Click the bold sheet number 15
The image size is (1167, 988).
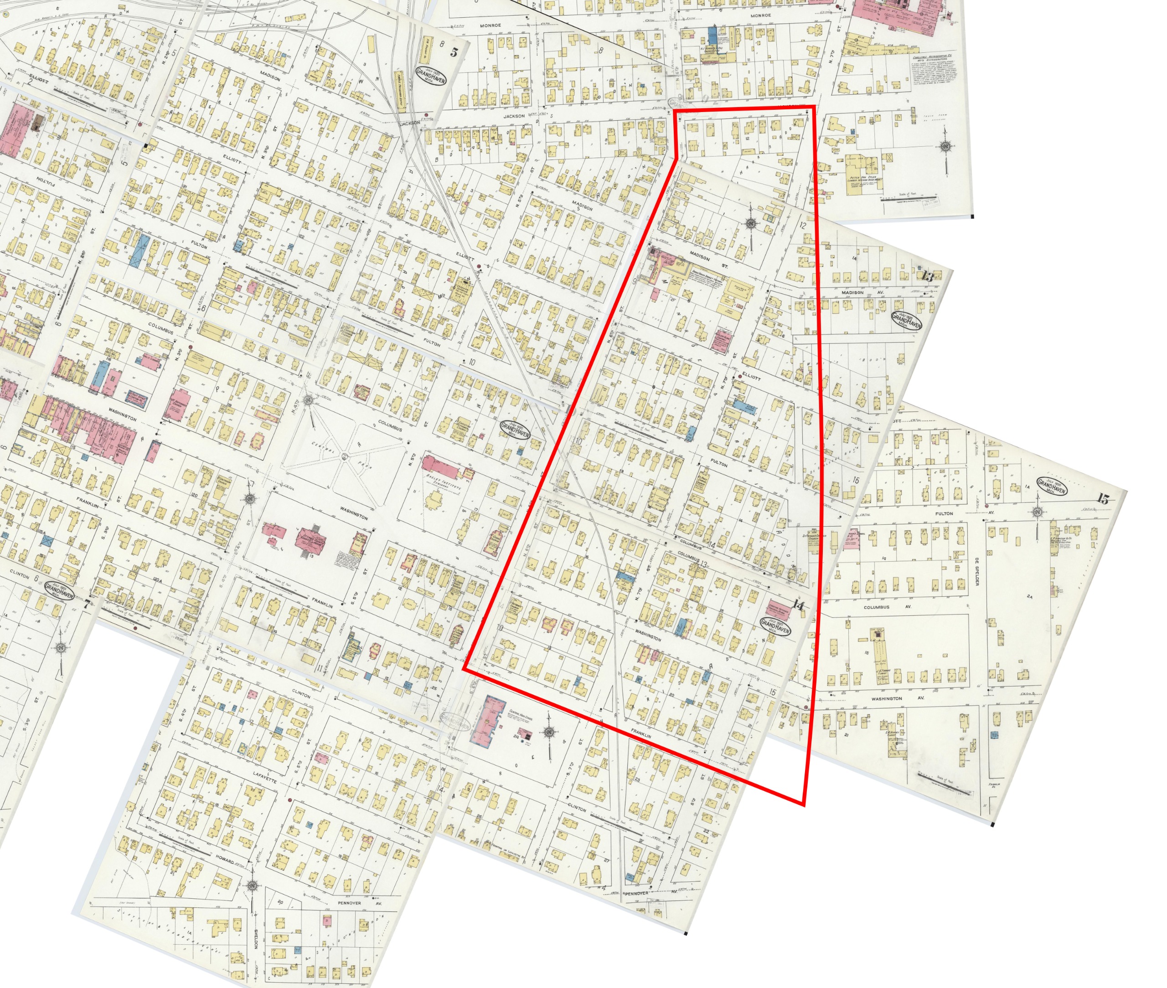pos(1103,499)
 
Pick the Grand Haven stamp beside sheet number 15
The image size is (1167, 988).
pos(1052,486)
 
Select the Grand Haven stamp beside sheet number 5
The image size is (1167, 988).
pos(430,78)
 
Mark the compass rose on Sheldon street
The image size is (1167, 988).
pos(252,886)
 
